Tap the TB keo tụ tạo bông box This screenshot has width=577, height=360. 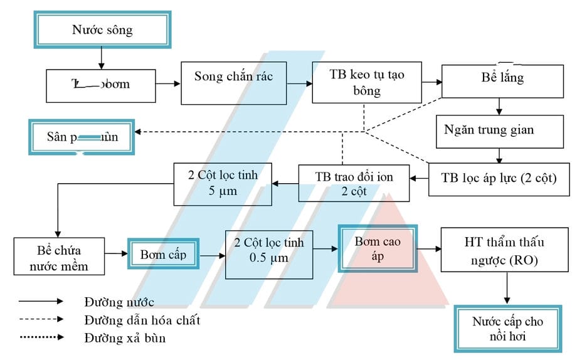pyautogui.click(x=367, y=83)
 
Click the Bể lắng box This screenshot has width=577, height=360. pyautogui.click(x=498, y=80)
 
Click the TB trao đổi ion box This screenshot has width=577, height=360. pyautogui.click(x=354, y=183)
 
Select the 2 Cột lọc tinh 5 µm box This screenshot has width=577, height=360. pyautogui.click(x=223, y=183)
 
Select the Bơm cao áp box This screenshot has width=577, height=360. pyautogui.click(x=378, y=248)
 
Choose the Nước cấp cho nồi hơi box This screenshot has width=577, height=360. pyautogui.click(x=508, y=329)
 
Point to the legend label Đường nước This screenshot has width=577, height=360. pyautogui.click(x=119, y=304)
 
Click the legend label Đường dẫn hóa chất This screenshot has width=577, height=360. pyautogui.click(x=142, y=320)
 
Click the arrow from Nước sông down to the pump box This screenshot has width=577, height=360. pyautogui.click(x=101, y=59)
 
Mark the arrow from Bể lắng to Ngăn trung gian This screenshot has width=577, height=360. pyautogui.click(x=498, y=106)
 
